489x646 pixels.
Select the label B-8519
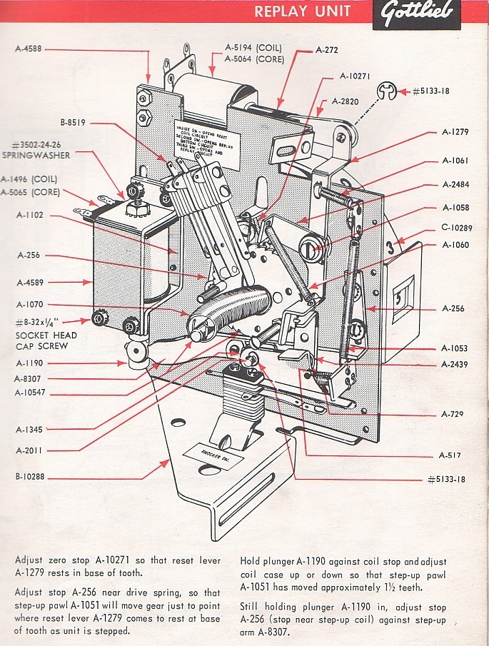click(x=74, y=123)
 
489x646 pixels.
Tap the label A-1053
click(x=454, y=348)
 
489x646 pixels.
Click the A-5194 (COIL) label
click(x=254, y=48)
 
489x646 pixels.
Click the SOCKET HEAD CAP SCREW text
click(x=44, y=340)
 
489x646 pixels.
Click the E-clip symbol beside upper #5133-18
click(x=386, y=91)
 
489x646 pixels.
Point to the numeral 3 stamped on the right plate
click(x=390, y=249)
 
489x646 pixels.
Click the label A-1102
click(x=31, y=213)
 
